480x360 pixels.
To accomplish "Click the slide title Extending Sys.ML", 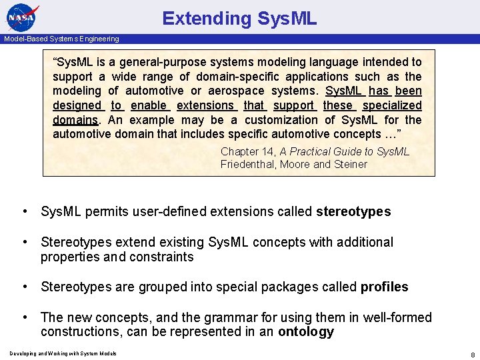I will point(239,18).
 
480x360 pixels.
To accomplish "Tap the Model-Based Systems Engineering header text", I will point(61,39).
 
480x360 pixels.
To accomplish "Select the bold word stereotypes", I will point(353,212).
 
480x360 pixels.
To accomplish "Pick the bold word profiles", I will point(384,287).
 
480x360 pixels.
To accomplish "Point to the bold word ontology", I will point(305,332).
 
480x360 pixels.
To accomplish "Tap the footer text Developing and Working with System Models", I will point(63,353).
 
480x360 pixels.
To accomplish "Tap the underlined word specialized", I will point(393,105).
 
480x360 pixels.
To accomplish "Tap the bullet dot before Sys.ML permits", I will point(24,212).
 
